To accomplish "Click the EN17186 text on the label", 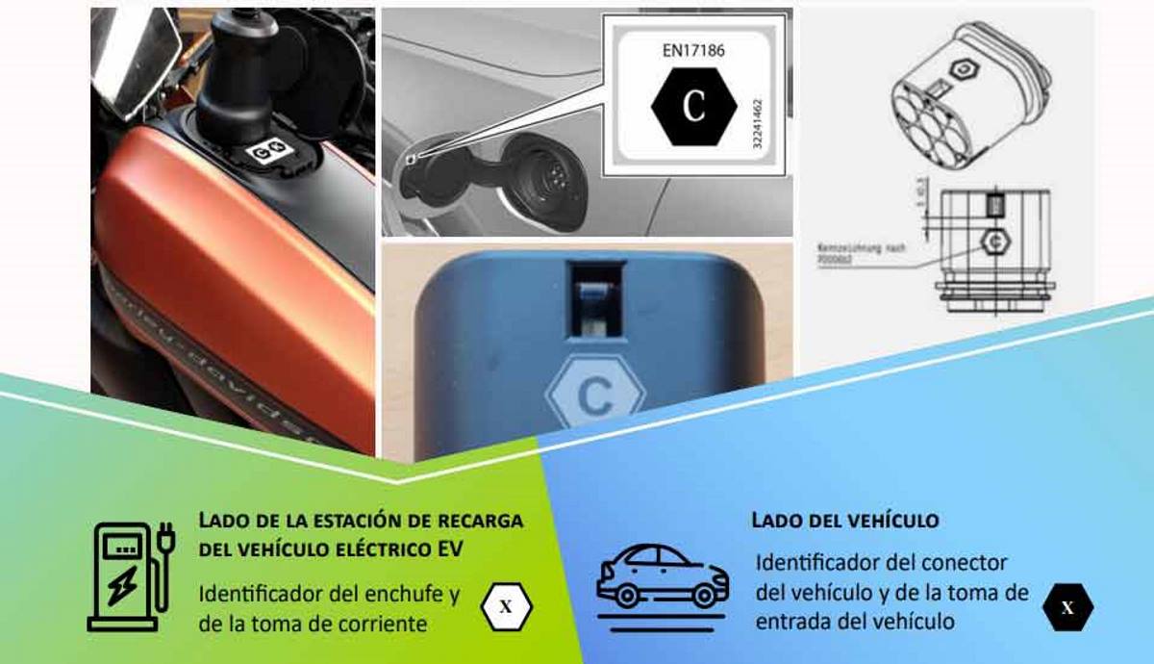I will tap(693, 49).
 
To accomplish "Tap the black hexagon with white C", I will tap(693, 106).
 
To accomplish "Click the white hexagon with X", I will tap(506, 607).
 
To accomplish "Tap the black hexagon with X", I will tap(1067, 607).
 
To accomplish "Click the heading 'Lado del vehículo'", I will tap(844, 521).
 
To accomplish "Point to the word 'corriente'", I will tap(382, 624).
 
